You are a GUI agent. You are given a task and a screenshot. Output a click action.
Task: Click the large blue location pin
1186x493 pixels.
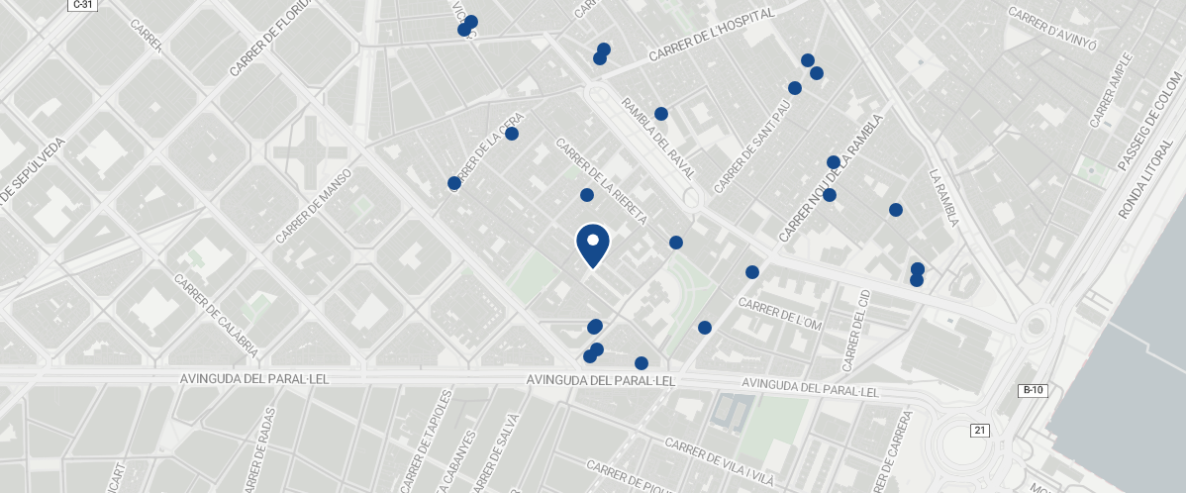click(592, 245)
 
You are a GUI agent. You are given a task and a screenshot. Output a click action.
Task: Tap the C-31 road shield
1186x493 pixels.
click(82, 6)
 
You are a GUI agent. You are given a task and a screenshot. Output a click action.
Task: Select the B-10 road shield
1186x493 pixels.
click(1033, 390)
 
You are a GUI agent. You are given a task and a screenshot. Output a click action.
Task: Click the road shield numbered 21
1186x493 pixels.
click(980, 430)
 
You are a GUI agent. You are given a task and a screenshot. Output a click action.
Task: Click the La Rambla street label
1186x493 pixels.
click(944, 198)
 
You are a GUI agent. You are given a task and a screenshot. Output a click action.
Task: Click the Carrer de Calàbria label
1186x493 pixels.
click(216, 315)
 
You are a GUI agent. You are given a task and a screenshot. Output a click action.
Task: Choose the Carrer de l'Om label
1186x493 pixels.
click(780, 315)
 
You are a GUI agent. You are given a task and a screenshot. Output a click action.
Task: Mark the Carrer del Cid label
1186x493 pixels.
click(855, 331)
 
